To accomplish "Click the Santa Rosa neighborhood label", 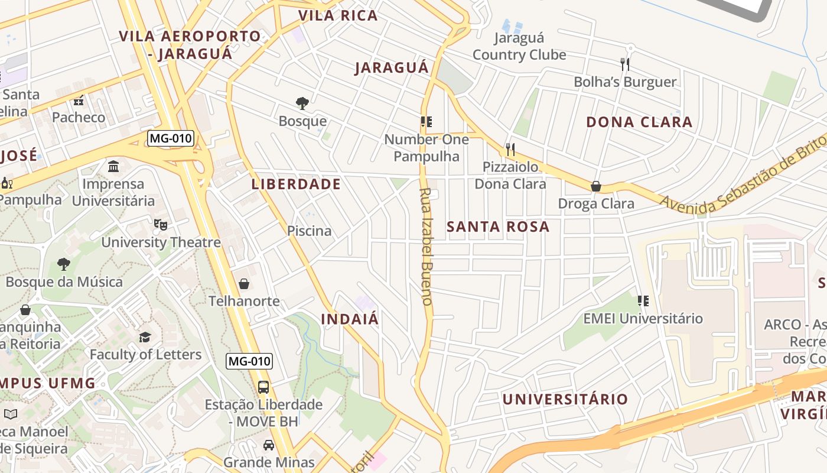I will click(x=498, y=226).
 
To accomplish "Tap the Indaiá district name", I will click(x=350, y=319).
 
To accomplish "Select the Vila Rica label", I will click(x=338, y=15).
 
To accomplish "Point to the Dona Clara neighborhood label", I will click(x=639, y=122).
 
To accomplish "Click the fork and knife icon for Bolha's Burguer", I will click(x=625, y=64).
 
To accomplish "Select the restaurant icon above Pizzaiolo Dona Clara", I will click(x=510, y=149).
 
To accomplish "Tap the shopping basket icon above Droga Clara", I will click(x=596, y=186).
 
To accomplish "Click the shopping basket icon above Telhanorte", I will click(x=244, y=284).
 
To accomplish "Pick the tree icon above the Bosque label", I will click(x=302, y=103).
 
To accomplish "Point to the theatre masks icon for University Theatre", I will click(x=160, y=225).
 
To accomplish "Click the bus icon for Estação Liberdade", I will click(x=263, y=387).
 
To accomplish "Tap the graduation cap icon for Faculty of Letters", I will click(x=145, y=337).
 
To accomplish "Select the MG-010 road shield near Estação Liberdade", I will click(x=249, y=361).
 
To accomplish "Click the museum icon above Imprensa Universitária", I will click(x=113, y=166).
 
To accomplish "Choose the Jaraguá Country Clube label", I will click(x=519, y=47).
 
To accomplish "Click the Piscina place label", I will click(x=309, y=231).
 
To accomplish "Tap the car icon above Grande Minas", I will click(x=269, y=445).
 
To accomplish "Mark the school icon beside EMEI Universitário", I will click(x=643, y=301).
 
